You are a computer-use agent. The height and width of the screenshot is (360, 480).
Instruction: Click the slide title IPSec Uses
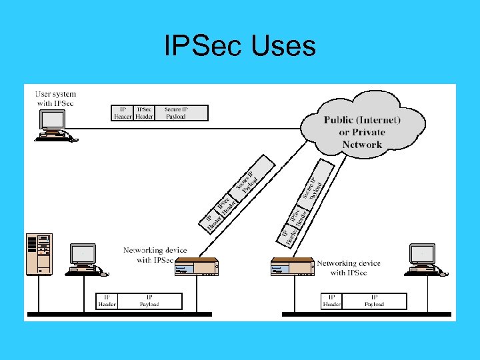click(240, 47)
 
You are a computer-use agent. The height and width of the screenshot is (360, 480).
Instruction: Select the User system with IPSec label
click(55, 99)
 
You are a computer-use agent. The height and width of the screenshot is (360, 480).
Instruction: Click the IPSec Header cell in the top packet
click(144, 113)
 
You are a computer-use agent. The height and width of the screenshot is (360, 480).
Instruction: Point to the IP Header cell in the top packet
click(122, 113)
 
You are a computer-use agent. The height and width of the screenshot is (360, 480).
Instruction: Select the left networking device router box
click(196, 267)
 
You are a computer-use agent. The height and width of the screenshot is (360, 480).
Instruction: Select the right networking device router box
click(292, 267)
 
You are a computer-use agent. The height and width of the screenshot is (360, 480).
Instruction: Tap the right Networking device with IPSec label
click(349, 268)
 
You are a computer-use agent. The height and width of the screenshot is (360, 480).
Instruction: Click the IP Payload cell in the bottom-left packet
click(149, 301)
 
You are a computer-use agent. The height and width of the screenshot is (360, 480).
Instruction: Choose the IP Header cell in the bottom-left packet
click(107, 301)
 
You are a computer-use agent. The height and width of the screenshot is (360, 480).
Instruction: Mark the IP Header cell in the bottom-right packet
click(332, 301)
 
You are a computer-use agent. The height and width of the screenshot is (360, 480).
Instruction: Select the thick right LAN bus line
click(366, 313)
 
